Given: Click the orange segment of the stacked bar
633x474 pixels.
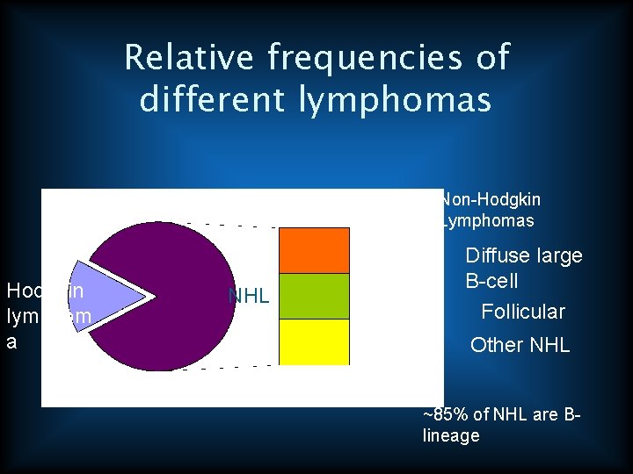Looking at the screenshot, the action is point(314,249).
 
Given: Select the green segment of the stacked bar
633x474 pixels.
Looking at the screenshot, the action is point(314,296).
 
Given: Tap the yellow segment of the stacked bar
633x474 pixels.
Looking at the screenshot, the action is point(314,341).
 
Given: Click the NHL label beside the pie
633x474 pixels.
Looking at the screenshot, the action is point(248,297).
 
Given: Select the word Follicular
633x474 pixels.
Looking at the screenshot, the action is point(523,312).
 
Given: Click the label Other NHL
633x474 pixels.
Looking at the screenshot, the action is point(520,345).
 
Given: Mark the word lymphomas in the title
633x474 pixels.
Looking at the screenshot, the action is point(395,100).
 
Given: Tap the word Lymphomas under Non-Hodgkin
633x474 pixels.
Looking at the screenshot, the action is point(488,221).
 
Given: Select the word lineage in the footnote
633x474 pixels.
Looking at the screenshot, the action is point(451,435).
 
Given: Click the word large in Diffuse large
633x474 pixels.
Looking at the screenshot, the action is point(558,256).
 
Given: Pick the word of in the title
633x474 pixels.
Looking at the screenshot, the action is point(491,58).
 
